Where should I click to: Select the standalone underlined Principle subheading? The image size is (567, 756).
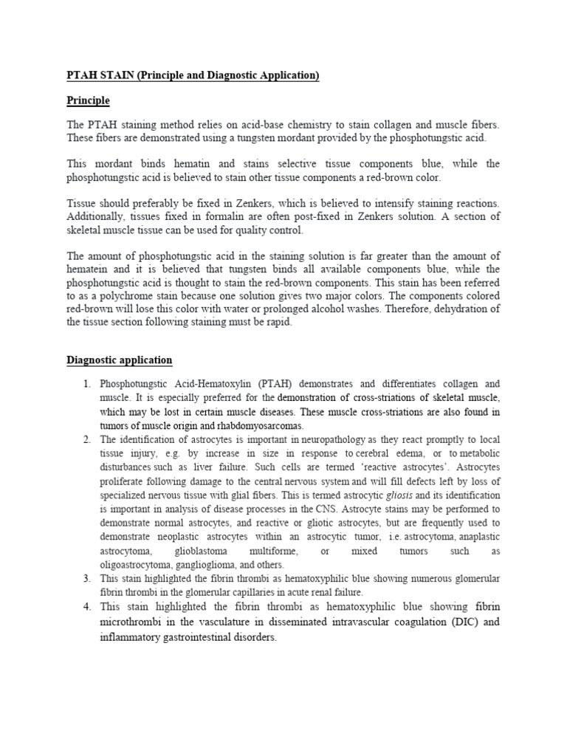(x=88, y=100)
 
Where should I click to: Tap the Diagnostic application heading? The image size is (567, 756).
(x=119, y=360)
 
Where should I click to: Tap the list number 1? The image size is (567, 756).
(x=86, y=384)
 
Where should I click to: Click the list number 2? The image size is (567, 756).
(x=86, y=439)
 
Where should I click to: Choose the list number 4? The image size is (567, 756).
(x=86, y=606)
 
